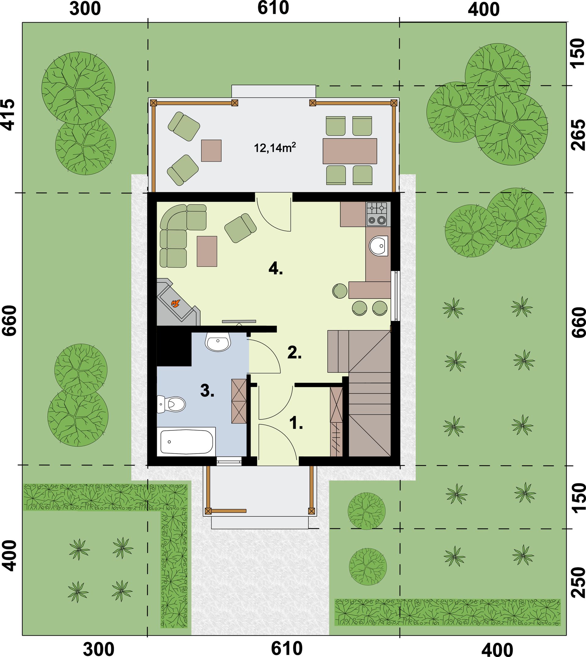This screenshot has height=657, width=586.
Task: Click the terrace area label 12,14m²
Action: pos(275,148)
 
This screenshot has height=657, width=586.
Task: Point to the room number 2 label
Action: pos(294,353)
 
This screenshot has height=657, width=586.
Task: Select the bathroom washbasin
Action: pos(218,342)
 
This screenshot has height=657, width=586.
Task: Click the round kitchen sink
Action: pos(379,246)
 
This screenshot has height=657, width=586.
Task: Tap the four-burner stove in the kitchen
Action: pos(378,214)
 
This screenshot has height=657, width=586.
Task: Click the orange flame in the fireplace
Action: pos(175,303)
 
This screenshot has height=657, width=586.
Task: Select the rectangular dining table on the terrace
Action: pos(350,151)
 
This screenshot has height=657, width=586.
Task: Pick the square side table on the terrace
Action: pos(211,151)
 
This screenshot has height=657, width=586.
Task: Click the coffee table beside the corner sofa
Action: pos(207,251)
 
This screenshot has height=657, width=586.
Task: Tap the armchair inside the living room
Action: pos(240,228)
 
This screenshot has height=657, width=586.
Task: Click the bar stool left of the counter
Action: pos(340,291)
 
